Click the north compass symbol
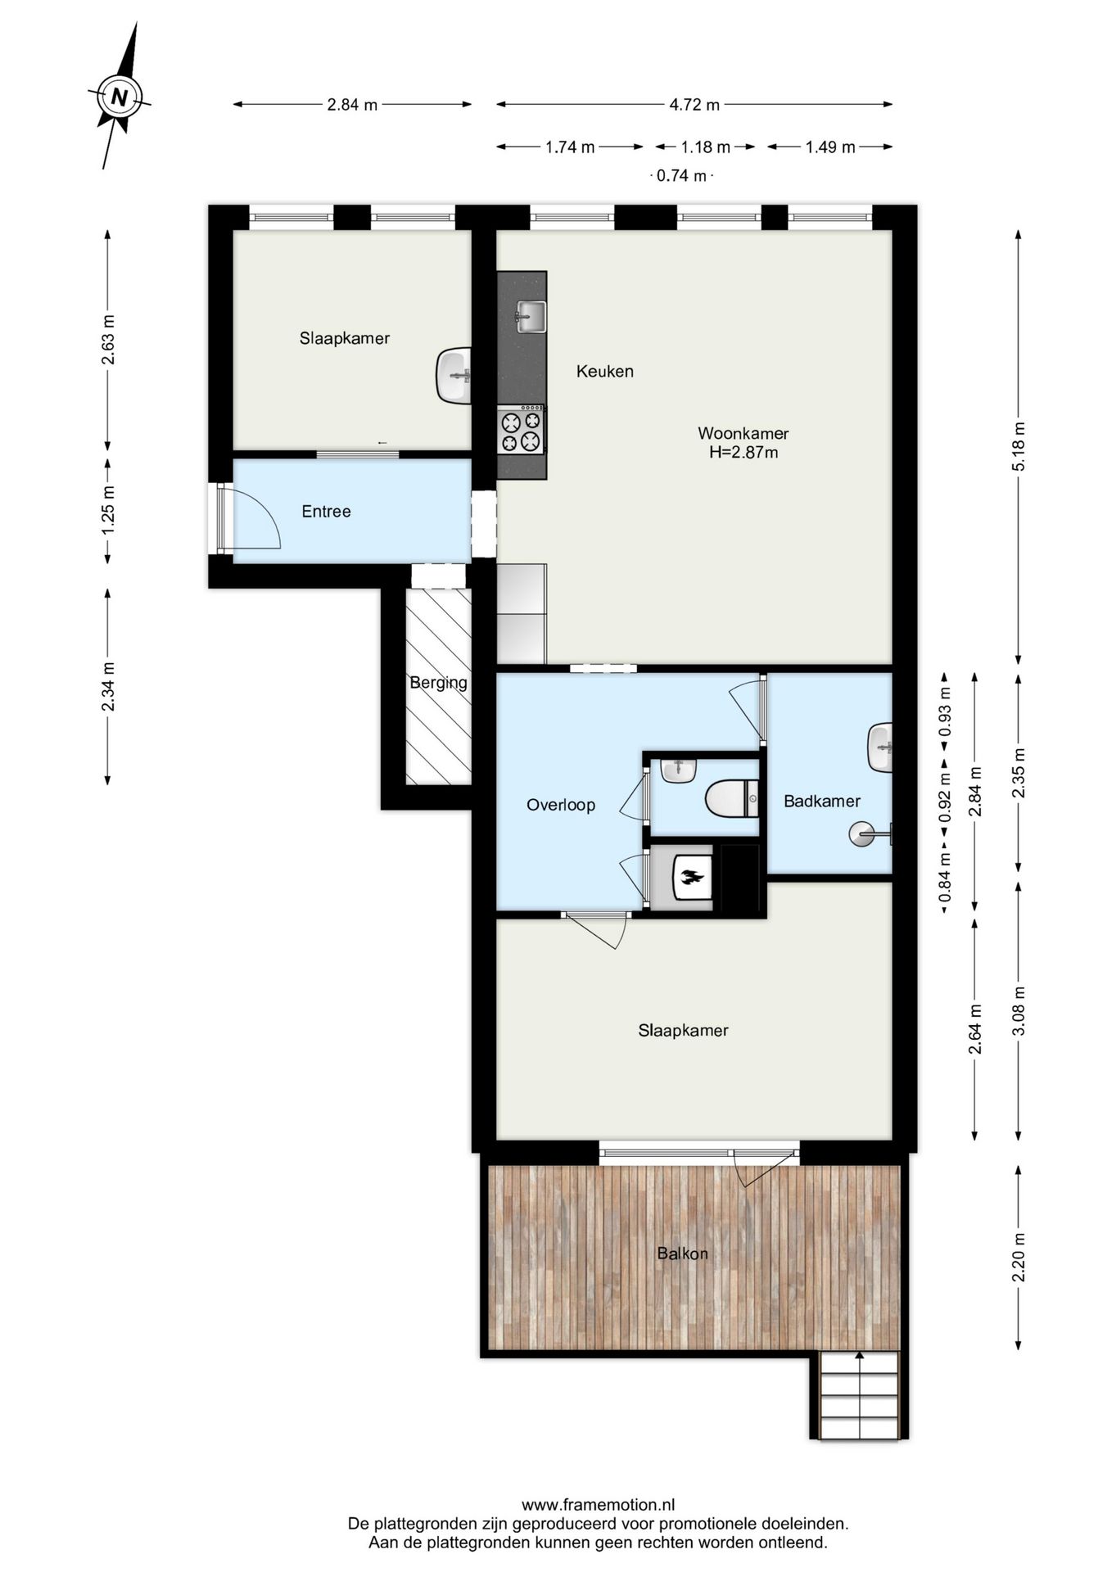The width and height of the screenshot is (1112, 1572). [x=120, y=97]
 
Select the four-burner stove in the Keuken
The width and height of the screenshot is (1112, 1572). [x=522, y=430]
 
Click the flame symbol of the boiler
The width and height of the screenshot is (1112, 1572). [x=691, y=878]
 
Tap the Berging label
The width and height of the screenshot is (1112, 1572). [x=439, y=683]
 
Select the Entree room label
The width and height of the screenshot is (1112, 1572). [x=326, y=512]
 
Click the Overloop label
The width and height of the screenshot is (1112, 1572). [x=561, y=805]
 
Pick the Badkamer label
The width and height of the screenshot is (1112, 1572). [x=822, y=802]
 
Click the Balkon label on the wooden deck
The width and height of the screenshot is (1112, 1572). [x=682, y=1254]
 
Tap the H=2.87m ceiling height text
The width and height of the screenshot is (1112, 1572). [x=744, y=452]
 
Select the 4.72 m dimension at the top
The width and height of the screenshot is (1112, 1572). [x=694, y=105]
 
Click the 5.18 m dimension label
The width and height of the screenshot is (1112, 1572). [x=1018, y=447]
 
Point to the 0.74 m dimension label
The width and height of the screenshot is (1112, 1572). [x=682, y=175]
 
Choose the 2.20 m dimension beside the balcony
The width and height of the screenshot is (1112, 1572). [x=1018, y=1257]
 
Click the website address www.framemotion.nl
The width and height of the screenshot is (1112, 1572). [x=598, y=1505]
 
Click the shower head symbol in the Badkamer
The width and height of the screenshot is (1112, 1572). [x=862, y=834]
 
